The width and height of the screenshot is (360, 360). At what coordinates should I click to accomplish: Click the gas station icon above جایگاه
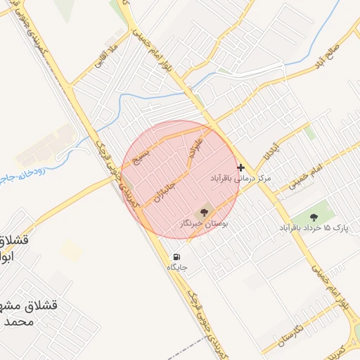click(x=175, y=256)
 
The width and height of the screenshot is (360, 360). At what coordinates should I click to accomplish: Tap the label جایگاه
click(x=176, y=268)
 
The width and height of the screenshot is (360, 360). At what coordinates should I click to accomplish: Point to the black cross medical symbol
click(x=241, y=167)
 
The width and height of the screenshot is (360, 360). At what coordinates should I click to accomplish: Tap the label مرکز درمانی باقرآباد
click(x=241, y=179)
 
